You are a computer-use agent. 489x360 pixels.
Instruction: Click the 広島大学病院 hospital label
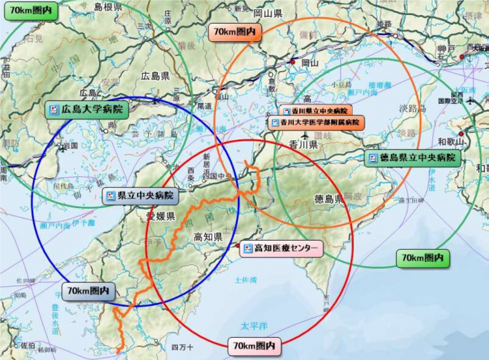pyautogui.click(x=85, y=110)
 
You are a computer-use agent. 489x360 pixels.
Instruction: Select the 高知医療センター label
pyautogui.click(x=281, y=248)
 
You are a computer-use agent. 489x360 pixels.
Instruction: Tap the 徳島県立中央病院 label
pyautogui.click(x=412, y=158)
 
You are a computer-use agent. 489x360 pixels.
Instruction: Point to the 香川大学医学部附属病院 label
pyautogui.click(x=318, y=122)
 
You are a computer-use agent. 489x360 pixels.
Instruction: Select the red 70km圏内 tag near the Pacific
pyautogui.click(x=254, y=345)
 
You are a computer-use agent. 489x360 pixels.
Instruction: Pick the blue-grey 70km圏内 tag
pyautogui.click(x=89, y=291)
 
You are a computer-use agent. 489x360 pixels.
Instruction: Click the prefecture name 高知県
pyautogui.click(x=209, y=237)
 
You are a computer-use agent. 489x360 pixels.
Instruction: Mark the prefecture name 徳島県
pyautogui.click(x=329, y=198)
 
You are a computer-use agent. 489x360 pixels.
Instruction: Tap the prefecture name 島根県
pyautogui.click(x=108, y=7)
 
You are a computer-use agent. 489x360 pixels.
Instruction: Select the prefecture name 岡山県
pyautogui.click(x=267, y=12)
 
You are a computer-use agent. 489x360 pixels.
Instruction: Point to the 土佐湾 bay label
pyautogui.click(x=245, y=280)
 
